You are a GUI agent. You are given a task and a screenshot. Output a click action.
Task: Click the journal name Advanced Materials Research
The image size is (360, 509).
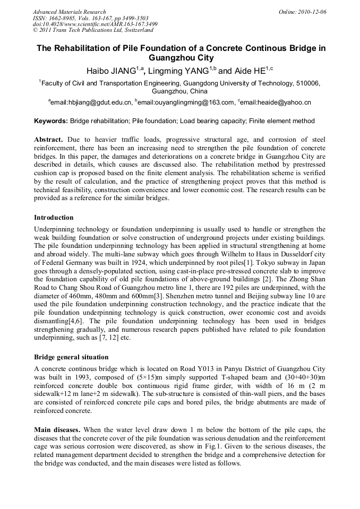pos(69,12)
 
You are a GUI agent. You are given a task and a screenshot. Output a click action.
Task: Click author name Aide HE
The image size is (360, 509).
pos(250,71)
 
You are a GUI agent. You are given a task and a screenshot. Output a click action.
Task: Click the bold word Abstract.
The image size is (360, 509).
pos(49,140)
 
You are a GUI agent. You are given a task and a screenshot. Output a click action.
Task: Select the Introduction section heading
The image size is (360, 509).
pos(54,218)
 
